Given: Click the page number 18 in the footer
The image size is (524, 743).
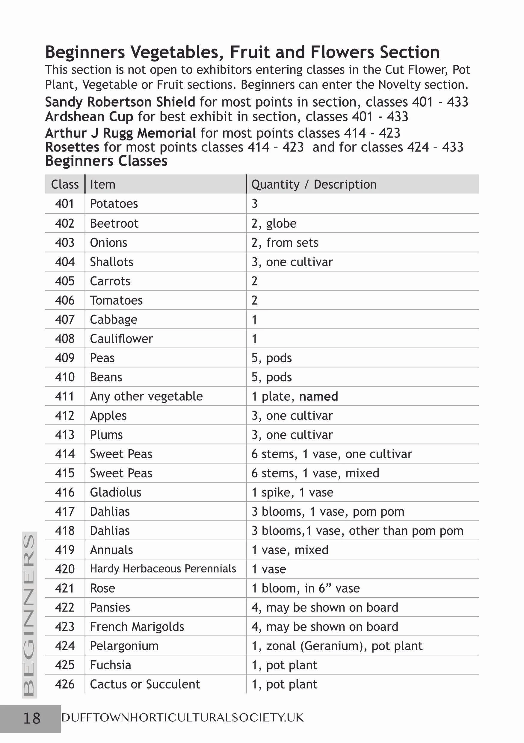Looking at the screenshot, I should click(32, 718).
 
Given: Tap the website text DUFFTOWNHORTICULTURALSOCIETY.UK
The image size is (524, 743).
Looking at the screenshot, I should click(182, 718).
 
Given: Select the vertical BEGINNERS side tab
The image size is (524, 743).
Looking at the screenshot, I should click(29, 615).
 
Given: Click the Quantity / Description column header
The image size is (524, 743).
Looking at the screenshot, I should click(314, 184).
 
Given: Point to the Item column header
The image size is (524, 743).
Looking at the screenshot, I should click(102, 184).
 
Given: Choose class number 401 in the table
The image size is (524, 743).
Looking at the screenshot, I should click(64, 204).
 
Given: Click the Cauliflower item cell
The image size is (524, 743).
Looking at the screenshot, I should click(121, 339).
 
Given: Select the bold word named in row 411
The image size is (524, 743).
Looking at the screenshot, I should click(318, 397).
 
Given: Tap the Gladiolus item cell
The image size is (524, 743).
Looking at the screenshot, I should click(116, 493).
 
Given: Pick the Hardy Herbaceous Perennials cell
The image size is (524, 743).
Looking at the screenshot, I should click(163, 569).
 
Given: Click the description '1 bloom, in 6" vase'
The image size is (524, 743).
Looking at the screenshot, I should click(305, 588).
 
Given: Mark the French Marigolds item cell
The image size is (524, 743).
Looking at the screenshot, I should click(137, 627).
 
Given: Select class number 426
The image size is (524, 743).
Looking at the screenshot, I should click(64, 684).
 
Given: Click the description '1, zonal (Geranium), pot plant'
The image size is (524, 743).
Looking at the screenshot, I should click(337, 646).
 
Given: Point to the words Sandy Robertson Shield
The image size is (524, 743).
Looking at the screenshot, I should click(120, 102).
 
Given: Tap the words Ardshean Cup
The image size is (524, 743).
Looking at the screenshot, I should click(89, 116).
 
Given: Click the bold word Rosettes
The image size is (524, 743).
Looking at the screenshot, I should click(72, 147).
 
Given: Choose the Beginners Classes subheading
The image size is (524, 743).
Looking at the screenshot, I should click(106, 161).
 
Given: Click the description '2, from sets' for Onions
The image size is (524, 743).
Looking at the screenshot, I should click(285, 243).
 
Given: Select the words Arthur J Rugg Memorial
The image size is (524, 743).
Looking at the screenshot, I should click(120, 133).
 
